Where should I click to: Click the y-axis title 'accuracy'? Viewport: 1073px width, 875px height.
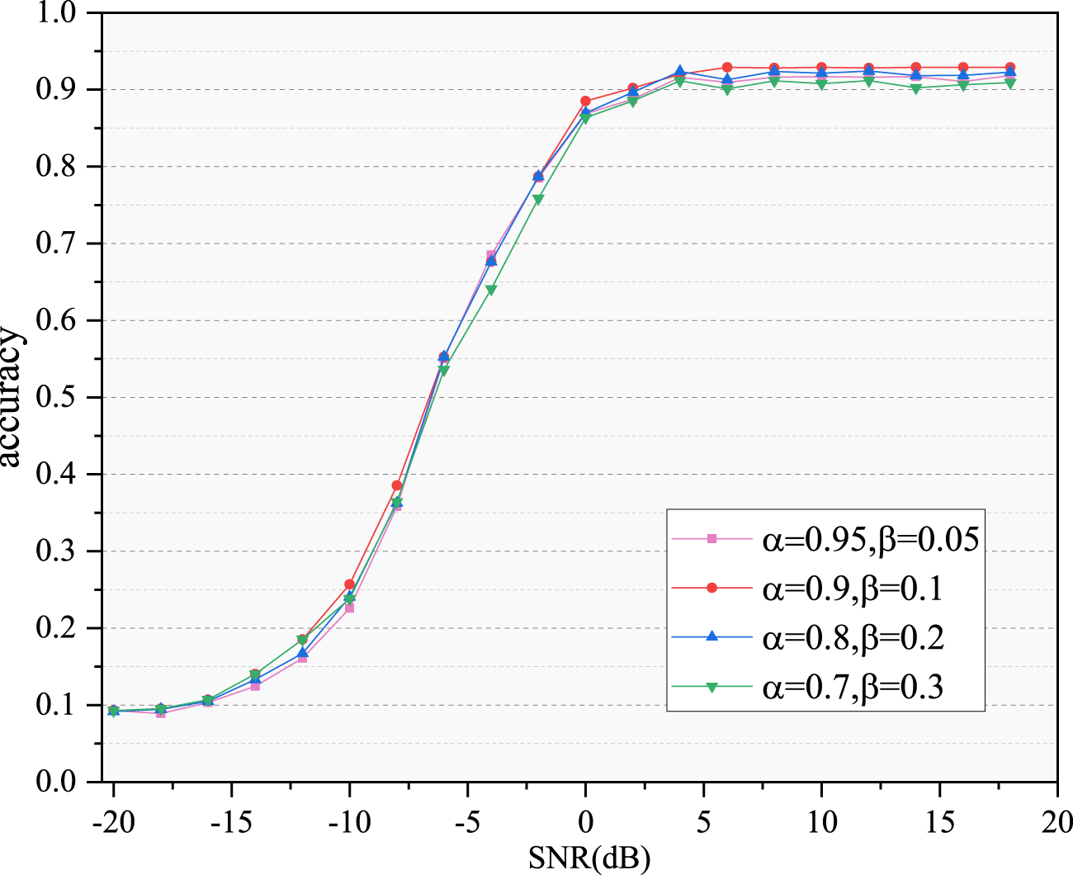(12, 397)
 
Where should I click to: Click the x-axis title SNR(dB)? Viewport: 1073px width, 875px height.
(589, 858)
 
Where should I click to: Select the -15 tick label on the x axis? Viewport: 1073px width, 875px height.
(231, 822)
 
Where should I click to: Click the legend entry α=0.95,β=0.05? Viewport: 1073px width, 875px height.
(870, 539)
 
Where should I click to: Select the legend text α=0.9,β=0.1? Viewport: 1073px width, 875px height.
(852, 588)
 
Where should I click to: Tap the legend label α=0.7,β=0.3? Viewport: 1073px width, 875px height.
(852, 686)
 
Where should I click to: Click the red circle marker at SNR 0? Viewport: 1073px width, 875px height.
(585, 102)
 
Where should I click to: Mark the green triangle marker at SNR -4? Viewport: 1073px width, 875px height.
(491, 290)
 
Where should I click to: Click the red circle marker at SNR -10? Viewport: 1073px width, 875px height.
(349, 584)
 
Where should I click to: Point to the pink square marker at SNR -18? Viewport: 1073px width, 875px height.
(160, 712)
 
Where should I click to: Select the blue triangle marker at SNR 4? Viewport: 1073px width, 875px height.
(680, 72)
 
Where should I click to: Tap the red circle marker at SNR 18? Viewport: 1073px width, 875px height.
(1010, 68)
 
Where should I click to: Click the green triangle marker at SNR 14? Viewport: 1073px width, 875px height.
(916, 88)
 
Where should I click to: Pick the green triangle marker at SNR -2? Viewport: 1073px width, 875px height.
(538, 200)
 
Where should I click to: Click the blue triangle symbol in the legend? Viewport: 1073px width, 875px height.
(712, 636)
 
